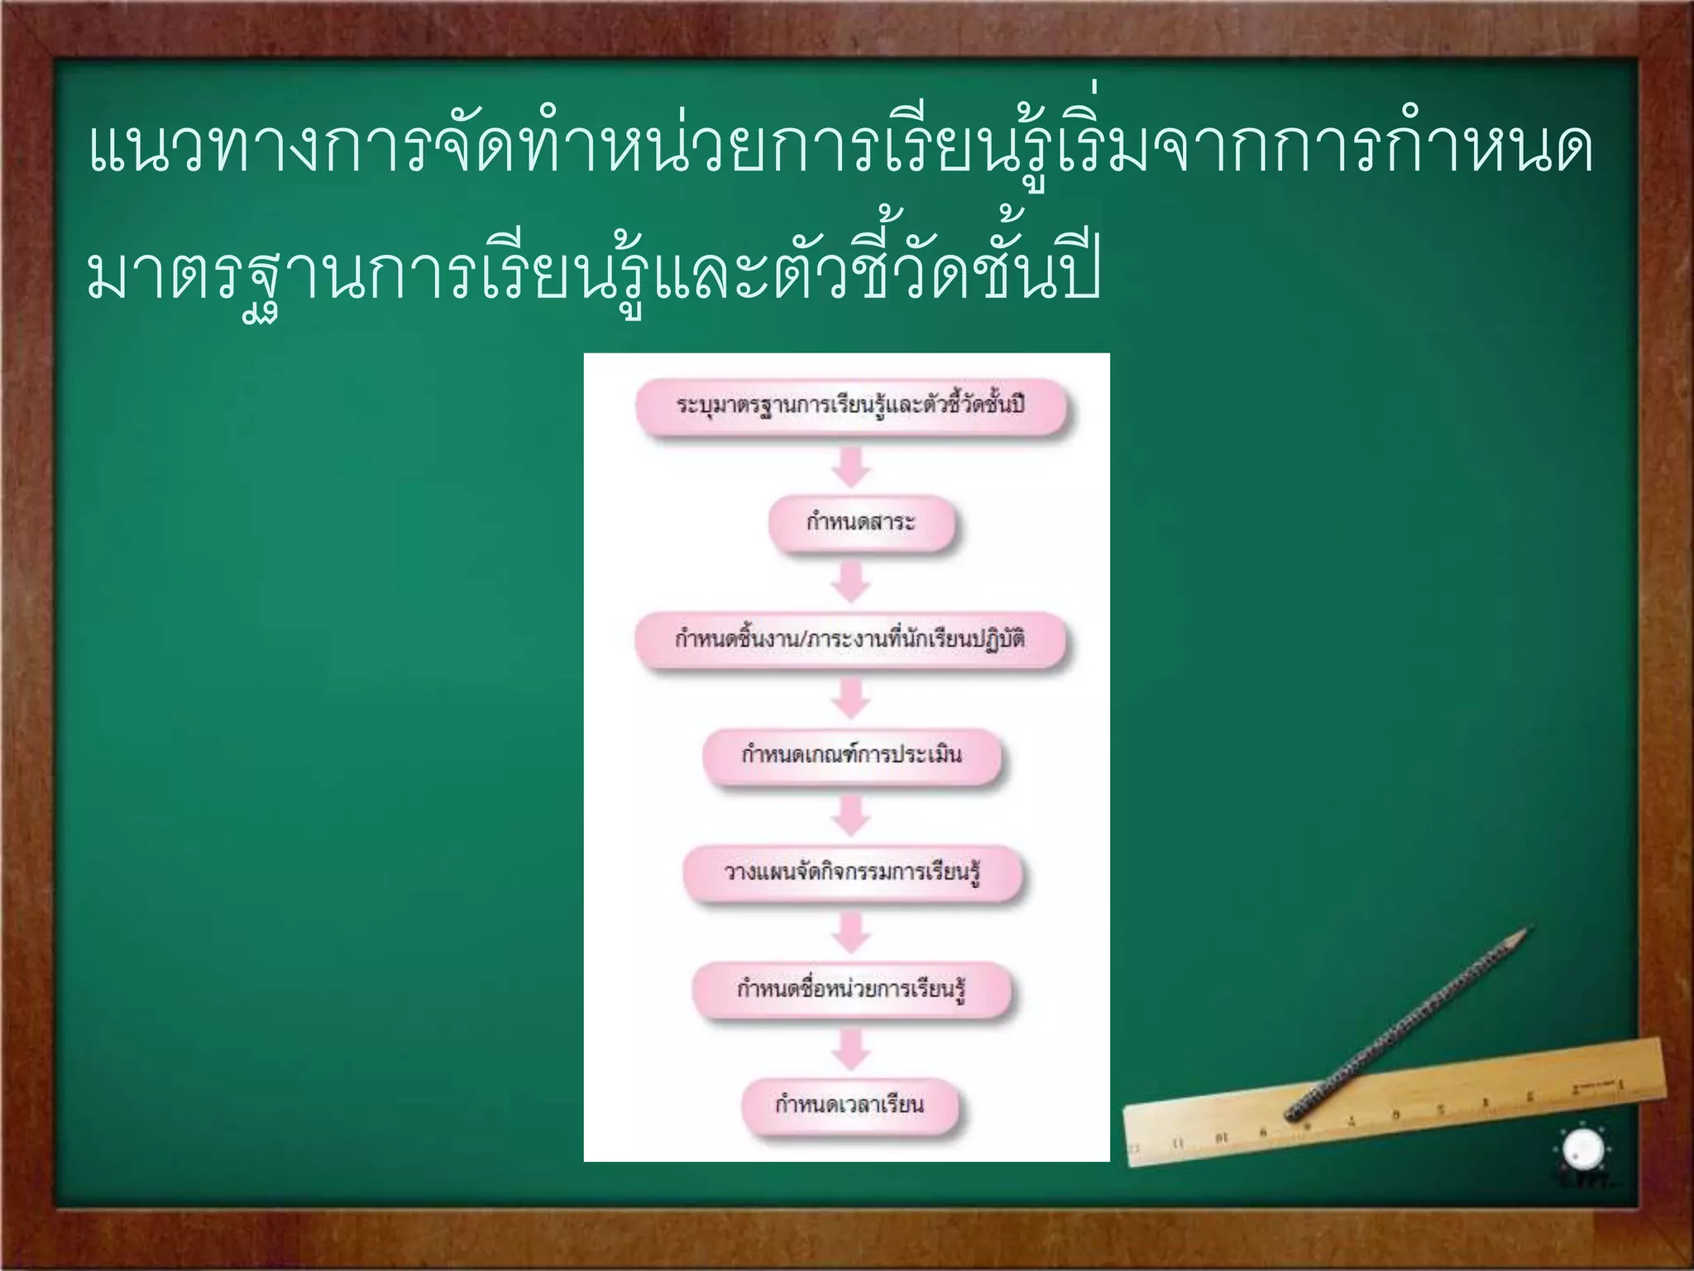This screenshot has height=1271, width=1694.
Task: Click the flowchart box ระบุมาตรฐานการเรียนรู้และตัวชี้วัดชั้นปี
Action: [x=851, y=405]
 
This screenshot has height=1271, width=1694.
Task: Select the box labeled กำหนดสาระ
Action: [x=861, y=523]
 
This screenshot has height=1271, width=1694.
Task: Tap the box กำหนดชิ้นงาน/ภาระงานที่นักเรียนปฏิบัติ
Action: [x=850, y=640]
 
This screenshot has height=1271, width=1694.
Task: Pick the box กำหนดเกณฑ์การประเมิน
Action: [x=851, y=755]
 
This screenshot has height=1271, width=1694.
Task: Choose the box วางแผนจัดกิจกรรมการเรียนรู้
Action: [x=852, y=872]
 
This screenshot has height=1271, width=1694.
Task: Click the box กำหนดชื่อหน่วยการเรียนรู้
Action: [x=851, y=989]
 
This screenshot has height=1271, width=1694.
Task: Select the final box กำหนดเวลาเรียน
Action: [x=849, y=1105]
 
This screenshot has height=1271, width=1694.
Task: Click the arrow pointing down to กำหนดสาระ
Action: [x=851, y=467]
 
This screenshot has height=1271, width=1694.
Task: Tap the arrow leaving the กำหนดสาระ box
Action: [x=851, y=583]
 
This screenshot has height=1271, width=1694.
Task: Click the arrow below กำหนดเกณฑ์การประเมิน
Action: [x=851, y=815]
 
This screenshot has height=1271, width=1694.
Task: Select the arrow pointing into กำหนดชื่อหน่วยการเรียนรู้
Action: [x=851, y=932]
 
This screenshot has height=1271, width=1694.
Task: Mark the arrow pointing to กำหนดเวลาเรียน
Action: [x=851, y=1048]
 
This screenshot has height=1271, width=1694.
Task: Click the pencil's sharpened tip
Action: [x=1527, y=931]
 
